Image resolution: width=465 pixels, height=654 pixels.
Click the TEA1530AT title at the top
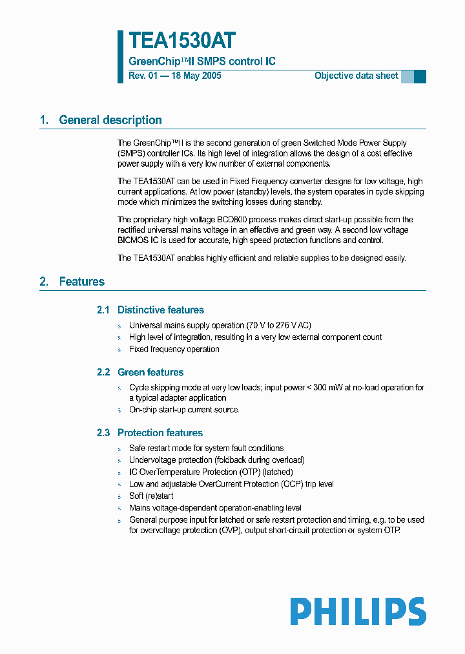[x=181, y=41]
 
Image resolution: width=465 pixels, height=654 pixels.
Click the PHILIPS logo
[x=358, y=611]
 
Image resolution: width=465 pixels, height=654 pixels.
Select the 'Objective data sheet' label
[x=356, y=76]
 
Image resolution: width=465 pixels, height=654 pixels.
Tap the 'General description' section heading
[x=110, y=120]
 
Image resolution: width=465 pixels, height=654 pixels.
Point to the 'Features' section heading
[x=81, y=282]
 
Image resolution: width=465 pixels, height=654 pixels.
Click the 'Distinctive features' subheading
[x=160, y=310]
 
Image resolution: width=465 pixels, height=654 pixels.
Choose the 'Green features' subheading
[x=150, y=372]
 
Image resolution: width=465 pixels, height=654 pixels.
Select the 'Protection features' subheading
[x=160, y=433]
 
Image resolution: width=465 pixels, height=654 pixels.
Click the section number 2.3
[x=103, y=433]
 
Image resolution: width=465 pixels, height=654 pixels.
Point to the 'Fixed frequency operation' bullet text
[x=174, y=349]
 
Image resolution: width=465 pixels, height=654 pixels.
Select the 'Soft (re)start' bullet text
[x=151, y=496]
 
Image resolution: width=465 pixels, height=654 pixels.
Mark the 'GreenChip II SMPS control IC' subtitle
[x=202, y=61]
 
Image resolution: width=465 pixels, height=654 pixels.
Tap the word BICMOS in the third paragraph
[x=136, y=240]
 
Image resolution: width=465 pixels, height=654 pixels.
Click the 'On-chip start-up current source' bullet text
[x=183, y=410]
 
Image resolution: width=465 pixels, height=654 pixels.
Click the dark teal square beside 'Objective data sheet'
[x=420, y=76]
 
